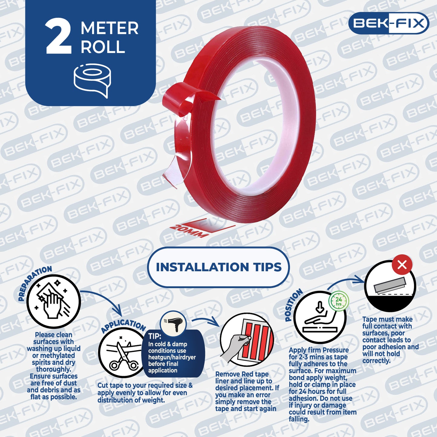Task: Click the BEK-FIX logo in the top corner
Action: pos(389,23)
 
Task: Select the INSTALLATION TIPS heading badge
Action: pos(219,267)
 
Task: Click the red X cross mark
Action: pos(402,265)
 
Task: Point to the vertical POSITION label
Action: pos(293,305)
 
